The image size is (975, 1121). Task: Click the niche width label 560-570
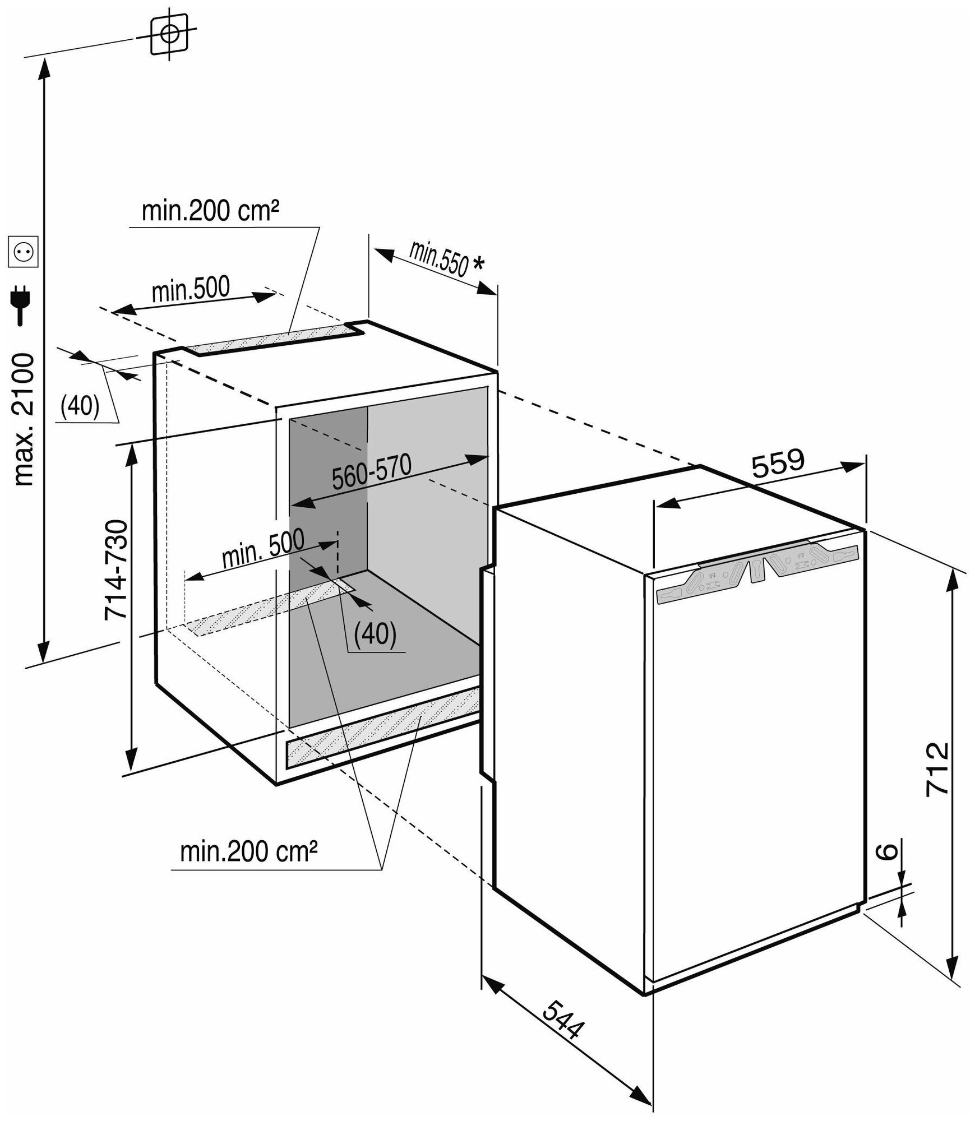[372, 472]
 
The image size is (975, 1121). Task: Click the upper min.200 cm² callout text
[210, 212]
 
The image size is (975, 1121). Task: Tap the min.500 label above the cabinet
[191, 288]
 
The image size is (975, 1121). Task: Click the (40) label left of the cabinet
[80, 406]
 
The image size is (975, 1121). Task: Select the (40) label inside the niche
[376, 633]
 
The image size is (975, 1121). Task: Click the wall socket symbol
[22, 252]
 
